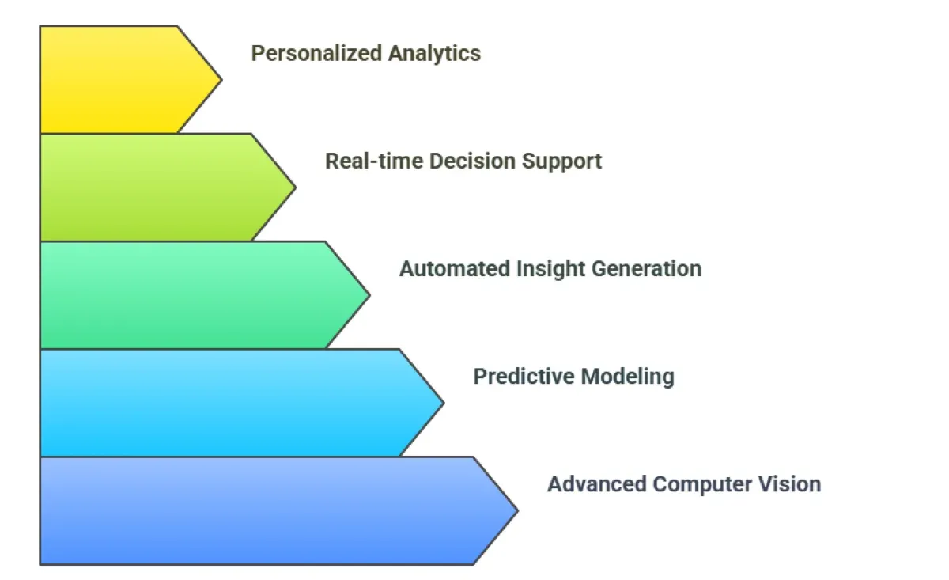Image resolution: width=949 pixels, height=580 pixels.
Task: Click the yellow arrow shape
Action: pyautogui.click(x=119, y=79)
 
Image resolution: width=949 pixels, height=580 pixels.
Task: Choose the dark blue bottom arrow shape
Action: pyautogui.click(x=261, y=510)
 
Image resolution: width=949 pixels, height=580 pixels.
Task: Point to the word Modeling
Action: pyautogui.click(x=627, y=377)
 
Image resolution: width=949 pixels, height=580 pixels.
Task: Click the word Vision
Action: pyautogui.click(x=792, y=484)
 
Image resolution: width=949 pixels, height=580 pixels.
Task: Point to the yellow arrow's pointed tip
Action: pyautogui.click(x=220, y=79)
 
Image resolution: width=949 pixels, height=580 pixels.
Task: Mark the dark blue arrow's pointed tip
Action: pyautogui.click(x=516, y=510)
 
